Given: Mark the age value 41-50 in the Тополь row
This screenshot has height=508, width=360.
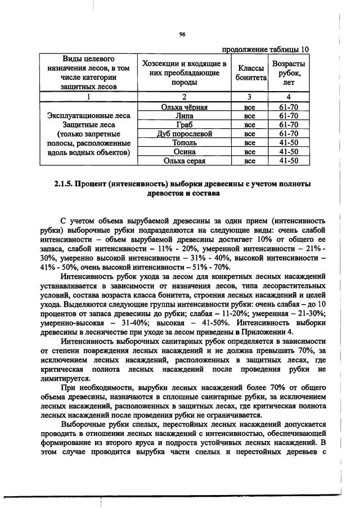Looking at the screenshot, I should [x=289, y=143].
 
